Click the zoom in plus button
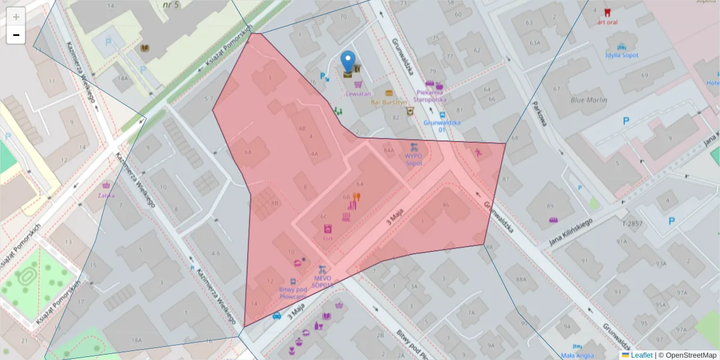[x=16, y=17]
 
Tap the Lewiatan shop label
[x=358, y=94]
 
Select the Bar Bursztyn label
[x=389, y=102]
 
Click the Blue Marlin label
[x=589, y=100]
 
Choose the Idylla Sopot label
[x=622, y=55]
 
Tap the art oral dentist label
[x=607, y=22]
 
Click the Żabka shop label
[x=106, y=195]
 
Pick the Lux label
[x=328, y=237]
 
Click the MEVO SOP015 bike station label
[x=322, y=281]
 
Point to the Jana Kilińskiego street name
[x=571, y=233]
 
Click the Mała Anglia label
[x=577, y=355]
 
